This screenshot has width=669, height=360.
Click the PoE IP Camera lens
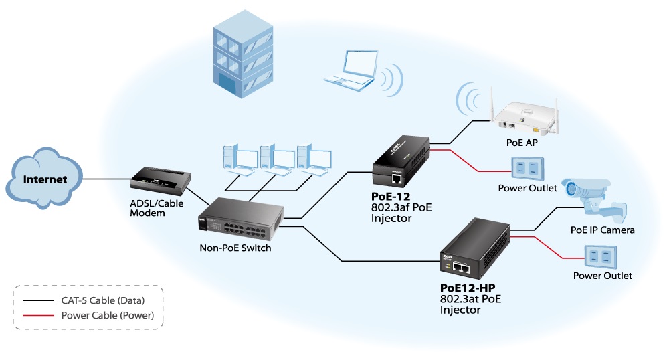(x=573, y=189)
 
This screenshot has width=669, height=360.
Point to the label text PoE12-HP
(x=468, y=288)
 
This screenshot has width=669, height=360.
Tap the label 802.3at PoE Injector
(x=468, y=304)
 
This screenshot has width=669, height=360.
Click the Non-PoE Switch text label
(x=235, y=248)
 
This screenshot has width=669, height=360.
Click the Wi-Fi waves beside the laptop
(x=394, y=80)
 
